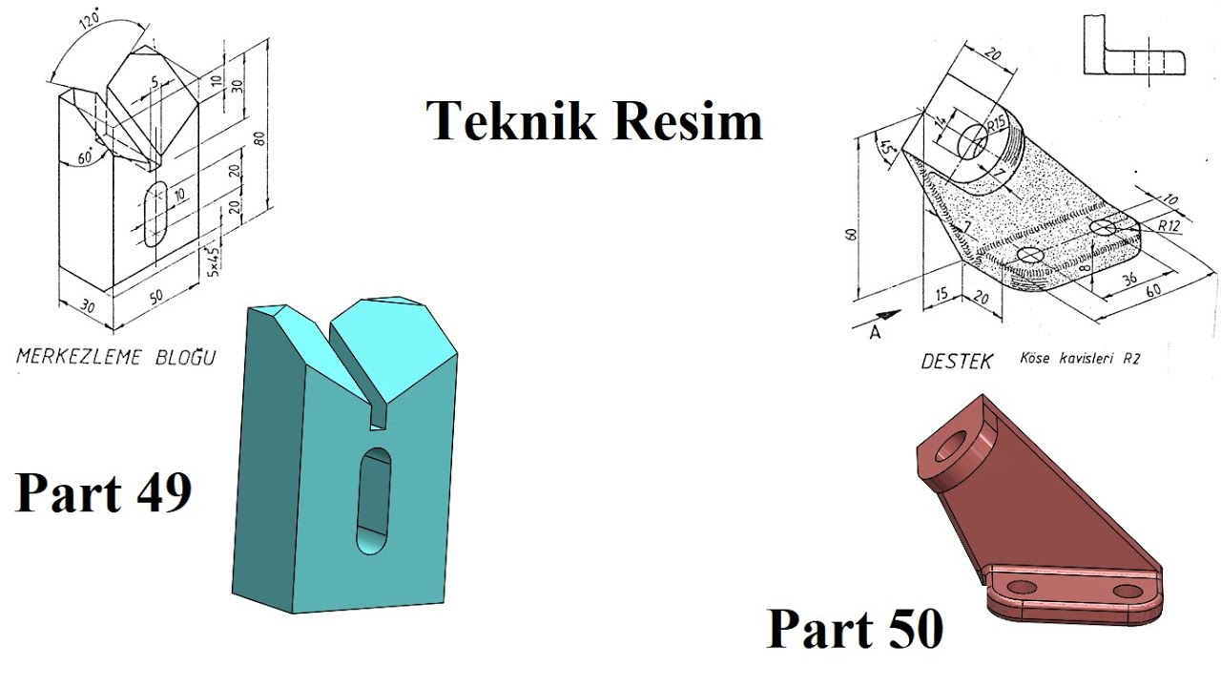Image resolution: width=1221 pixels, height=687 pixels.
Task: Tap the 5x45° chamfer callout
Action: point(215,260)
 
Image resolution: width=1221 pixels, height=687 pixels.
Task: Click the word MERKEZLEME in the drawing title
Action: point(78,358)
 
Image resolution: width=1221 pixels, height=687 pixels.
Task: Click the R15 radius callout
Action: point(998,124)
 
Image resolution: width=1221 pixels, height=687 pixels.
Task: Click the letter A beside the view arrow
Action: point(875,333)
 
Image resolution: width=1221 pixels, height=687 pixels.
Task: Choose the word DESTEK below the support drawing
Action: point(956,362)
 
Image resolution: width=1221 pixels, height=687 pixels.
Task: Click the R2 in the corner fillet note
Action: point(1130,360)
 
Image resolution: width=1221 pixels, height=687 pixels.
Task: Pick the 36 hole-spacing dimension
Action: point(1128,281)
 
